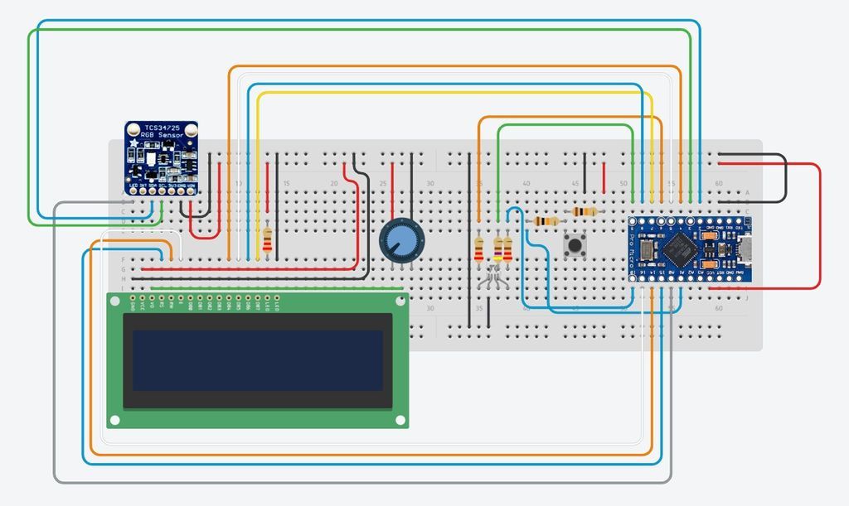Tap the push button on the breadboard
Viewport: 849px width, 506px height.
(x=573, y=245)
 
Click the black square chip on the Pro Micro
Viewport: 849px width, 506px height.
(x=682, y=246)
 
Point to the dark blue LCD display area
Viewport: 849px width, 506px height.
(x=257, y=360)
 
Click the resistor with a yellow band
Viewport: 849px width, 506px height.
(x=497, y=248)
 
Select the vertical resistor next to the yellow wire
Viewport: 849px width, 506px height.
(x=267, y=241)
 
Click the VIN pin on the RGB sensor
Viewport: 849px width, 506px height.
(x=193, y=190)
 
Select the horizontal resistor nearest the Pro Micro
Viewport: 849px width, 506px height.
(x=585, y=212)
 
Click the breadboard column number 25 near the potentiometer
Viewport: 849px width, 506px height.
(x=382, y=183)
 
